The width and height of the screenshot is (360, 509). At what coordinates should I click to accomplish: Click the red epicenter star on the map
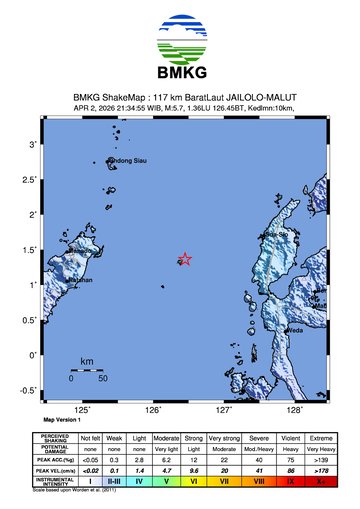pyautogui.click(x=184, y=259)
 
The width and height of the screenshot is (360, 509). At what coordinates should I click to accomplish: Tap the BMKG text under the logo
pyautogui.click(x=180, y=72)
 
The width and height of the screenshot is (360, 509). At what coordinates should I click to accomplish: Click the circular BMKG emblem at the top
pyautogui.click(x=180, y=36)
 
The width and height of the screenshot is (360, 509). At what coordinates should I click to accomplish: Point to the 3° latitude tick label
pyautogui.click(x=33, y=145)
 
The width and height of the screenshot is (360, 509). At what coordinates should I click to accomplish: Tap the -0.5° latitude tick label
pyautogui.click(x=29, y=390)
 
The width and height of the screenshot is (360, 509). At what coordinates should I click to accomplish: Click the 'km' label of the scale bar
pyautogui.click(x=87, y=361)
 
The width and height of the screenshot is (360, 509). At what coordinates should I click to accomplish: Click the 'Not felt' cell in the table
pyautogui.click(x=91, y=439)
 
